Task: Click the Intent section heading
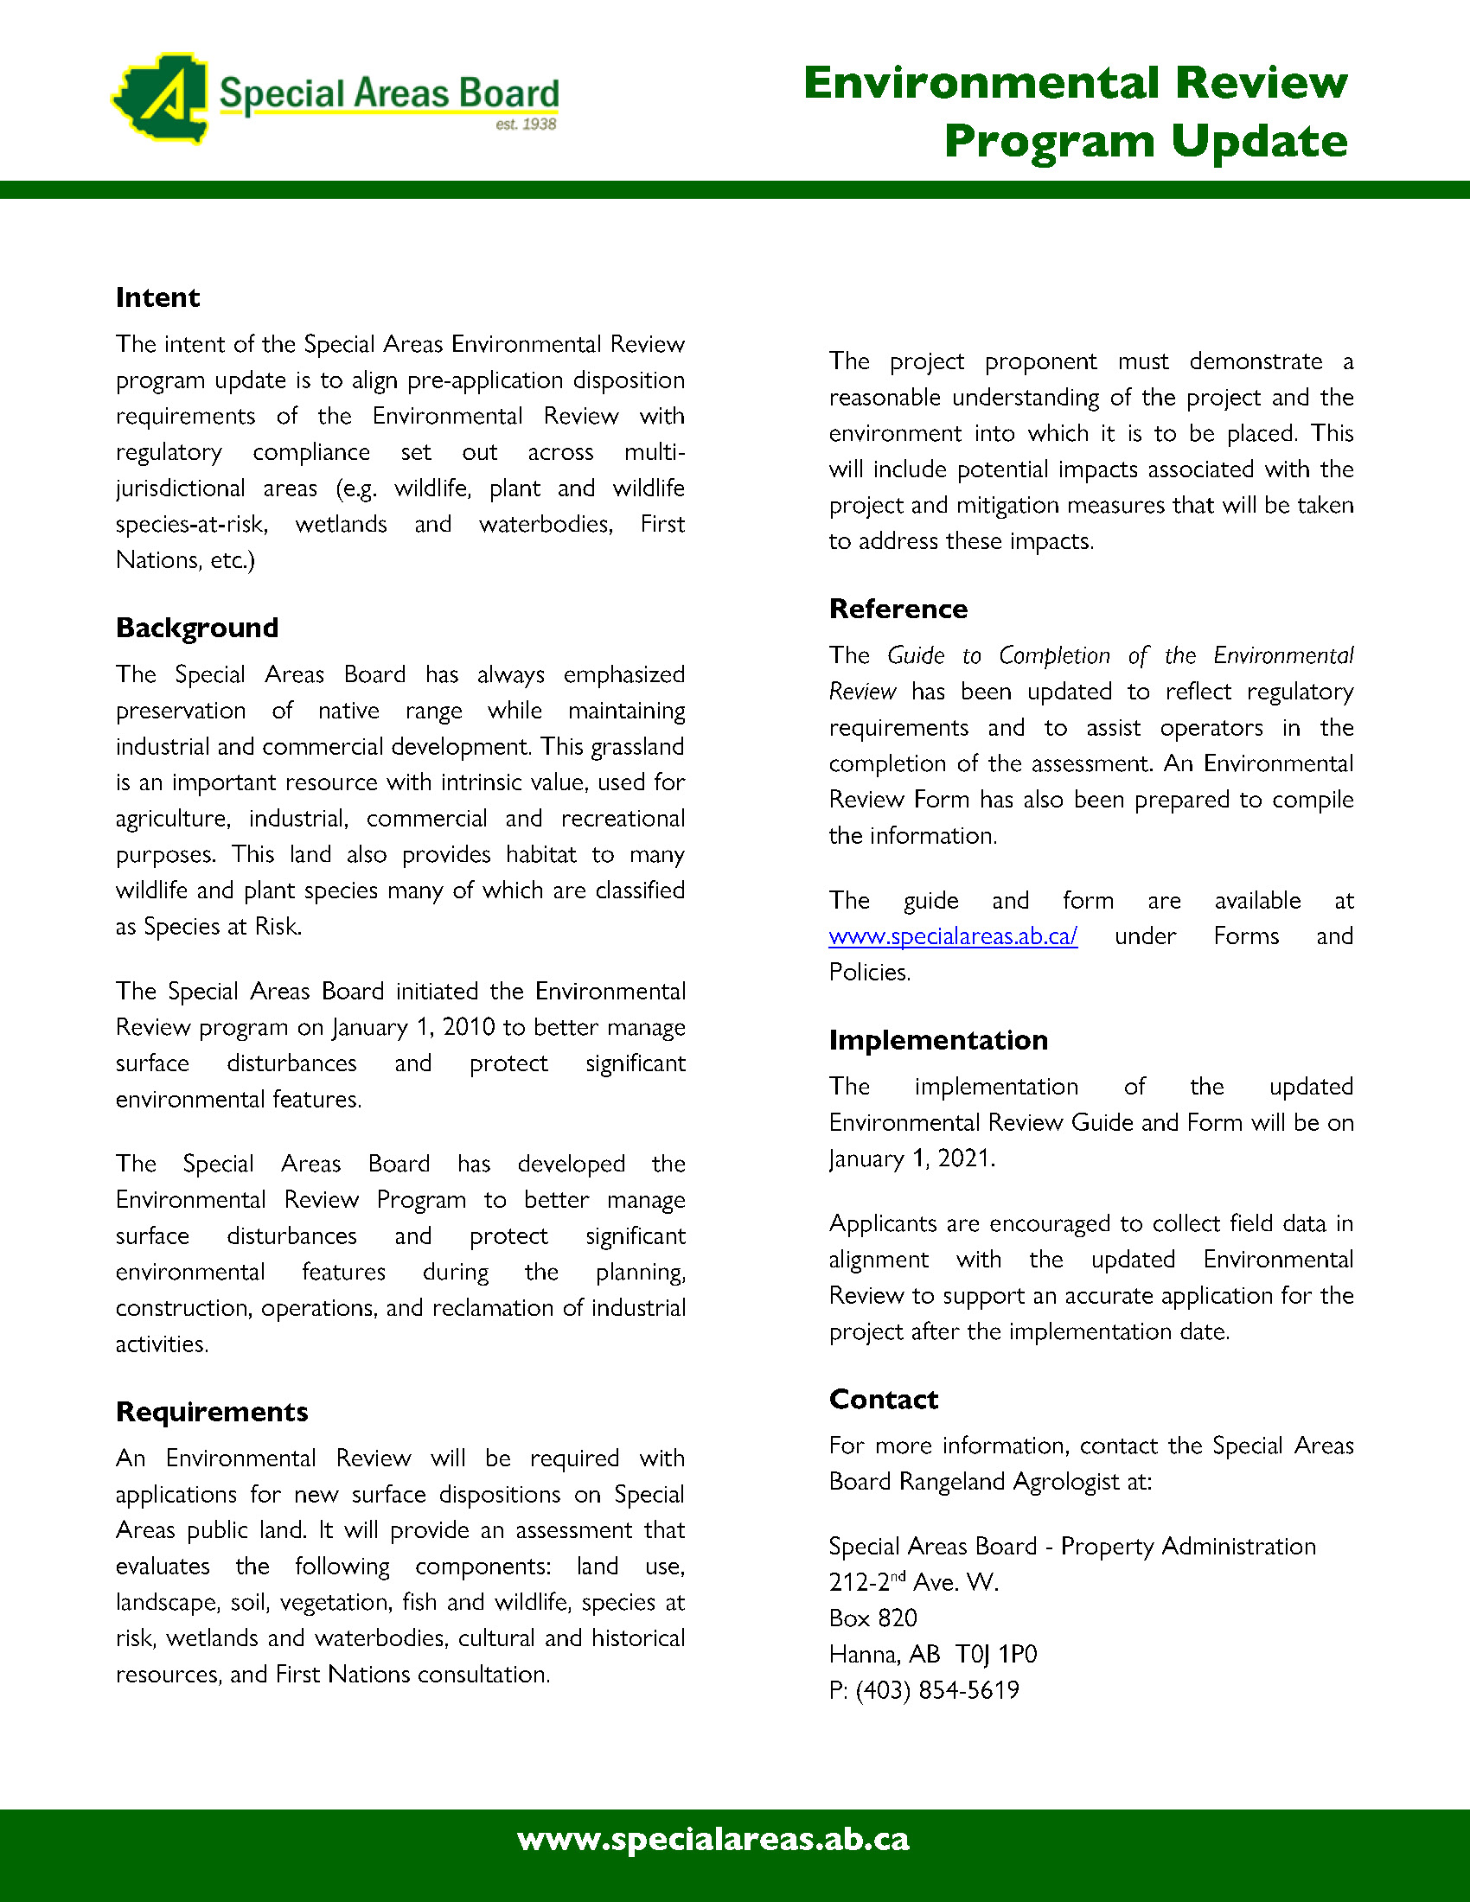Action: [157, 298]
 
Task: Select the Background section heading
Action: [197, 628]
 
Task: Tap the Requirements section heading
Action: [212, 1412]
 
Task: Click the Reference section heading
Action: [898, 609]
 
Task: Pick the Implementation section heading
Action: [938, 1040]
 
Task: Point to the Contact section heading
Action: [883, 1400]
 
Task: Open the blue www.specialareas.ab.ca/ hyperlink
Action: [953, 936]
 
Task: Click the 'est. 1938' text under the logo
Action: [525, 124]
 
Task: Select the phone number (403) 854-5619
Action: [937, 1690]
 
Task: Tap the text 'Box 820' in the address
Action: [872, 1618]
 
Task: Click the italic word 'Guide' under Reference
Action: [915, 655]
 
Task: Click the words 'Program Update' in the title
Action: [1145, 141]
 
